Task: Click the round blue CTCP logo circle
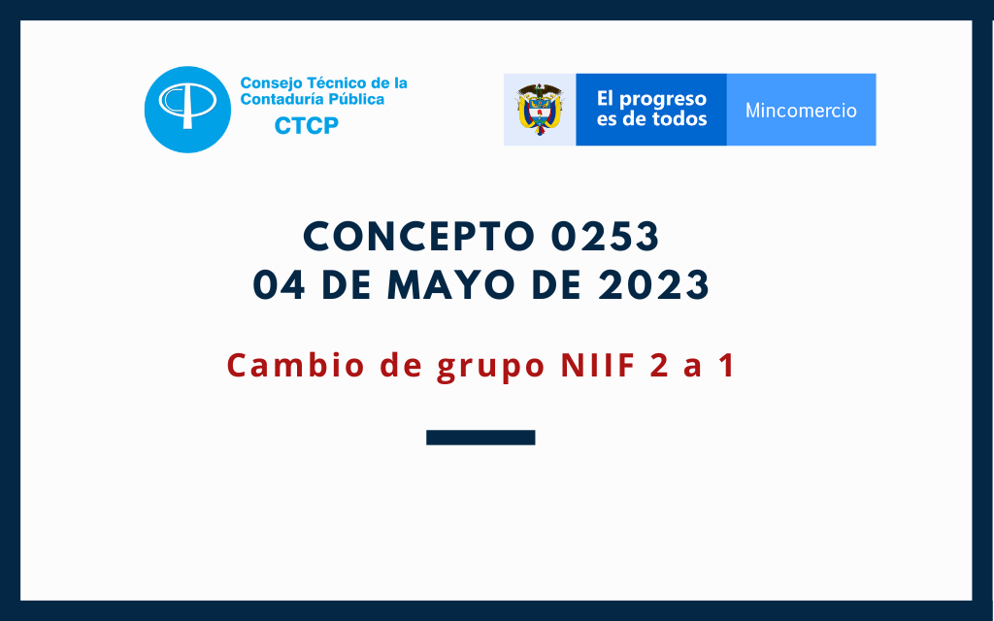coord(187,110)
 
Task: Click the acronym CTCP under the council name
coord(306,126)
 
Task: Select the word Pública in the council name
coord(361,100)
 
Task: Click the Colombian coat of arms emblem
coord(540,109)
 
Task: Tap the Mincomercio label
coord(801,111)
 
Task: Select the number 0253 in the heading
coord(605,237)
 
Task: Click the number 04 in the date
coord(279,284)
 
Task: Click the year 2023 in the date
coord(653,284)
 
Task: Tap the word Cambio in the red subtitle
coord(296,365)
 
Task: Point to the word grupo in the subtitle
coord(490,368)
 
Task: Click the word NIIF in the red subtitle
coord(598,365)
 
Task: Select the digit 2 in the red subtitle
coord(659,365)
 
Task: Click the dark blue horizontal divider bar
coord(480,438)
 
